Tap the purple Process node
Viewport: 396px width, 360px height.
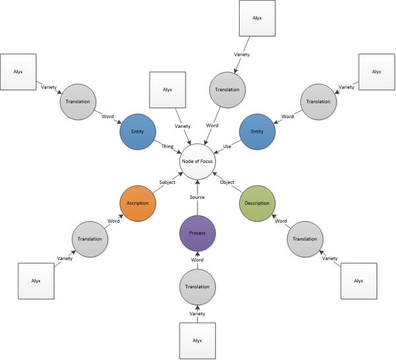click(x=197, y=233)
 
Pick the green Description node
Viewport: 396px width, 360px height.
click(x=255, y=202)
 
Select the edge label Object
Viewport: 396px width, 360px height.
click(x=226, y=183)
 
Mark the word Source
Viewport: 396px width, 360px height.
click(x=197, y=197)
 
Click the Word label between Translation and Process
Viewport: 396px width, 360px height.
click(x=197, y=260)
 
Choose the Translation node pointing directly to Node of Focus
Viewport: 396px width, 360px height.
click(x=226, y=89)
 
